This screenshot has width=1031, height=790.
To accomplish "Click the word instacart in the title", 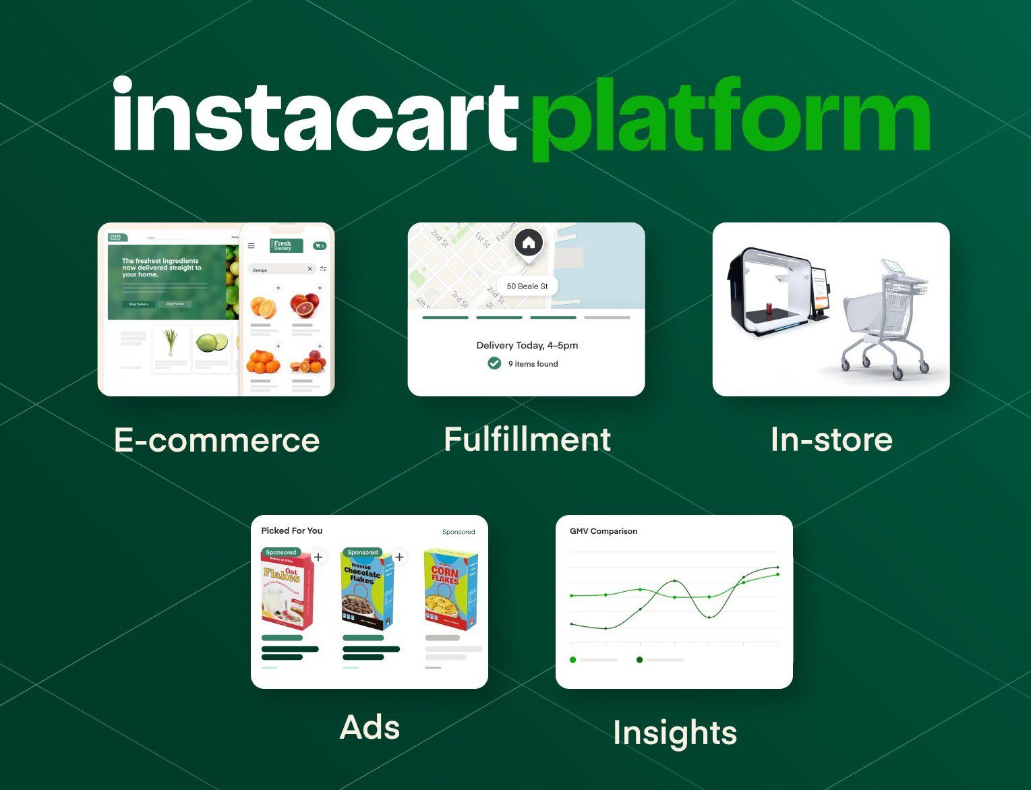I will coord(314,116).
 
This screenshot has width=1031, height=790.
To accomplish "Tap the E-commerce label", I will coord(216,440).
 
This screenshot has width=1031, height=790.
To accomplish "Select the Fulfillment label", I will coord(527,439).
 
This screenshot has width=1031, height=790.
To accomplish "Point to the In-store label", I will coord(831,439).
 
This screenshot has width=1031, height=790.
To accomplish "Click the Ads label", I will coord(370,727).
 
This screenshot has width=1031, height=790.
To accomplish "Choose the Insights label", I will coord(674,733).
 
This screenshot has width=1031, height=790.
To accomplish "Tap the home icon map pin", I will coord(529,243).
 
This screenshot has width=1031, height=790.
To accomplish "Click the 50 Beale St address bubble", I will coord(527,286).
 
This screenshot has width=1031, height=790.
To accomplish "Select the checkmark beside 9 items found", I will coord(494,363).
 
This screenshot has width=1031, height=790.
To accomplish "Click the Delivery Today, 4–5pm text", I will coord(527,345).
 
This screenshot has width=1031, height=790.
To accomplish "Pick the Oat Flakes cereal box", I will coord(287,590).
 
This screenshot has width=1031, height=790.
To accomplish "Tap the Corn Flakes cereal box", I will coord(450,590).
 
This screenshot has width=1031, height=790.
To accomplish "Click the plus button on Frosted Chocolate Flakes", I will coord(399,557).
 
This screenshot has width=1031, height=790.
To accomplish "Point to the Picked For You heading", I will coord(292,530).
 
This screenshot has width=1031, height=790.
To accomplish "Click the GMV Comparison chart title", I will coord(603,531).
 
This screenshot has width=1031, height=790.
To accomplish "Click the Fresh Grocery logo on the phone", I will coord(287,245).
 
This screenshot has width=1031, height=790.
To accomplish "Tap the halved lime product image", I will coord(212,342).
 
